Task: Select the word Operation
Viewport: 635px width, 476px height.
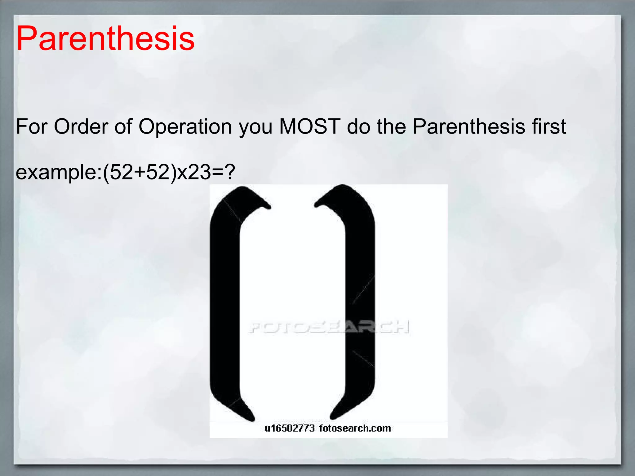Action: point(185,127)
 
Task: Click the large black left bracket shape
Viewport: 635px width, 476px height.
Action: point(224,304)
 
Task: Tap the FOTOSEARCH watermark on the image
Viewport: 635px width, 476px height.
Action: point(329,327)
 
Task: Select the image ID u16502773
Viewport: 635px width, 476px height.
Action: point(289,428)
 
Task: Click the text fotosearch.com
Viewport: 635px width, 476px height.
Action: point(355,428)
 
